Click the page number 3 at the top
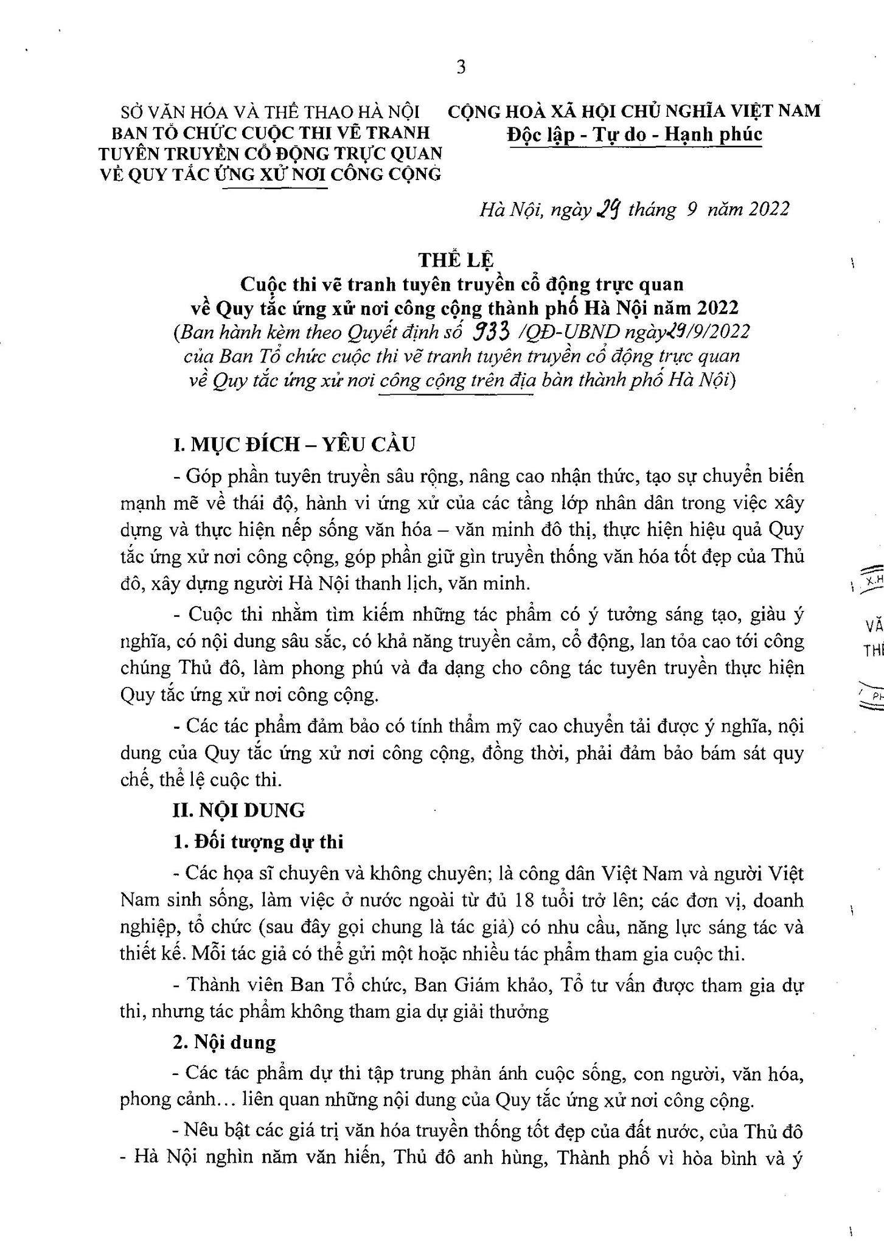point(461,68)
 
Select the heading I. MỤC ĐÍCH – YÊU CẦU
point(294,444)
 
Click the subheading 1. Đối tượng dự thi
point(259,842)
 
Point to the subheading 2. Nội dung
point(224,1042)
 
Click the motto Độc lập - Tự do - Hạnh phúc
point(635,134)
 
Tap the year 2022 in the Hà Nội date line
point(769,209)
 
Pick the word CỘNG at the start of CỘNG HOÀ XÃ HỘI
point(474,111)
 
